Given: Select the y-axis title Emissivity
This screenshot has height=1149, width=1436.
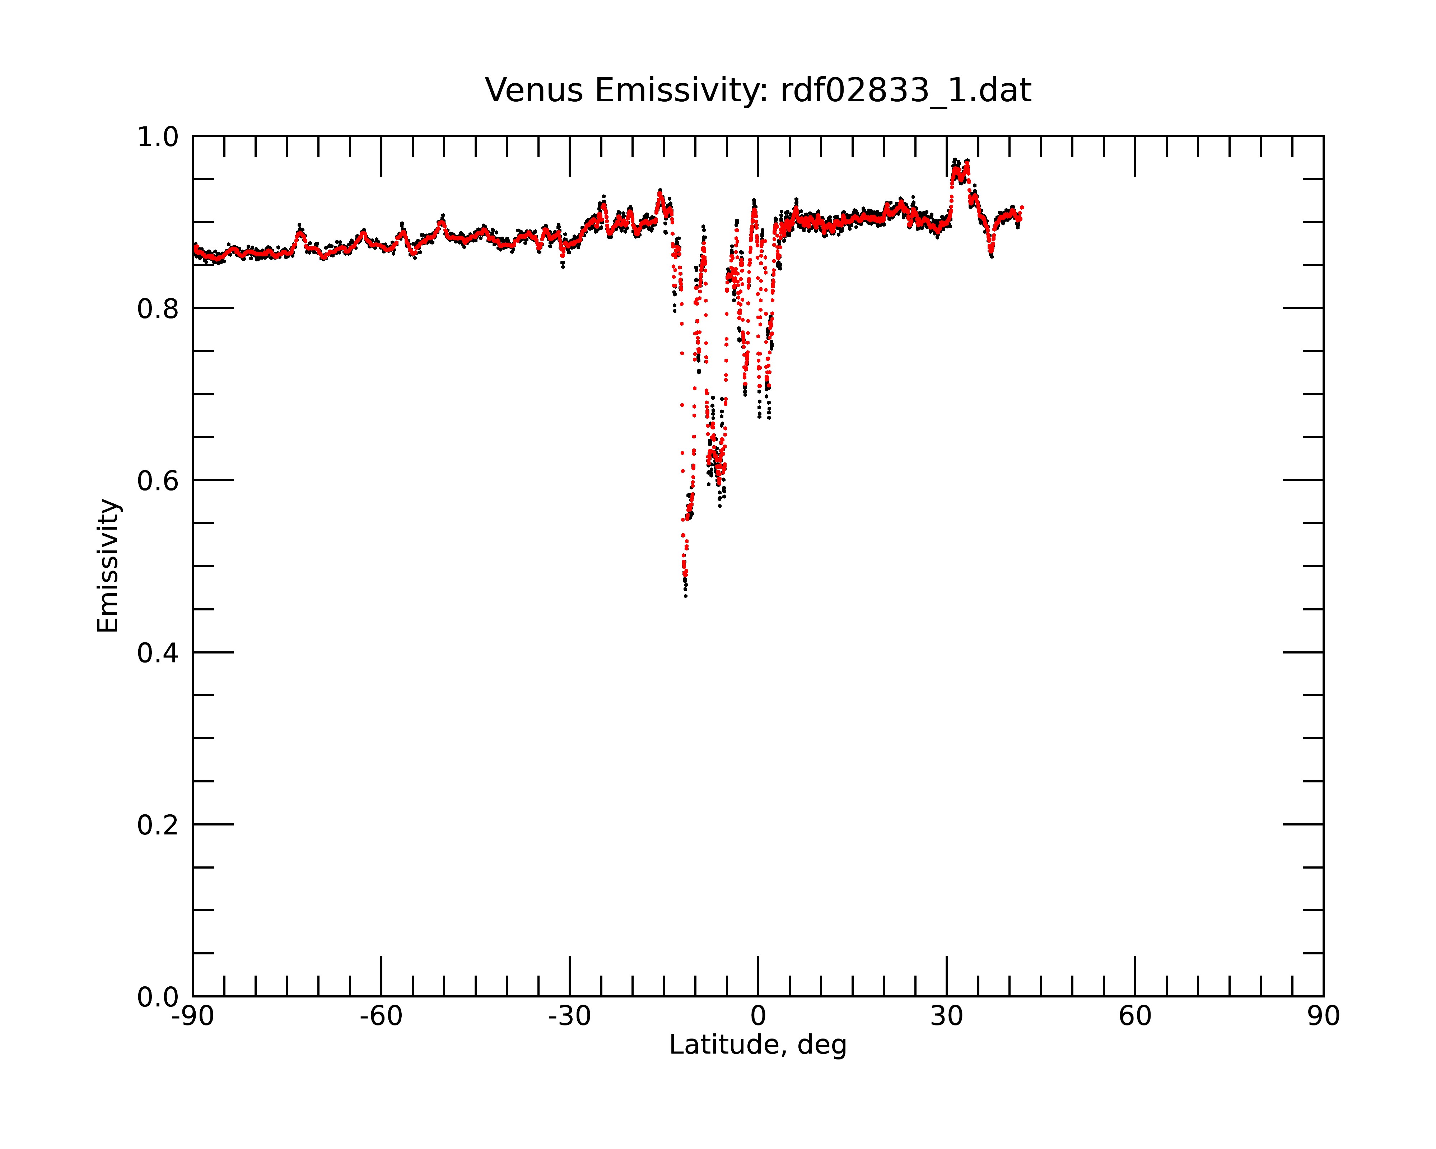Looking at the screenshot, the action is tap(108, 566).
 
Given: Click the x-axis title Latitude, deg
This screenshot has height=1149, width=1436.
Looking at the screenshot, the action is tap(758, 1045).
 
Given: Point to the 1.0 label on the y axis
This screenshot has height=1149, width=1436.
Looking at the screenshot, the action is tap(158, 137).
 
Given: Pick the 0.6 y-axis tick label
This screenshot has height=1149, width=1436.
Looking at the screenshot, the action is tap(158, 481).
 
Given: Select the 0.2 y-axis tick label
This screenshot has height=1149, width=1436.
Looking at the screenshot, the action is tap(158, 825).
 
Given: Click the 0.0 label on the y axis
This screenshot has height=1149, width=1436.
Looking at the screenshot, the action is tap(158, 997).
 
